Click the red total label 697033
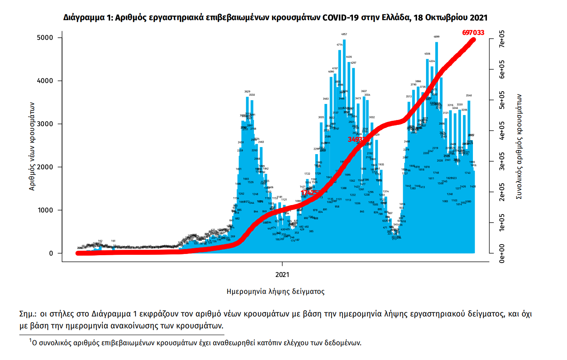pos(473,32)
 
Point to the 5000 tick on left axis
pos(45,38)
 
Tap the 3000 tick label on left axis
pos(45,124)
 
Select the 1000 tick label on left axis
pos(45,210)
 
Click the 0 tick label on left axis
pos(51,254)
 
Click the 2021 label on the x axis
pos(282,275)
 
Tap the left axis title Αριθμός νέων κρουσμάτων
pos(32,146)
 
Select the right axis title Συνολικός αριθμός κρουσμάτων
pos(519,147)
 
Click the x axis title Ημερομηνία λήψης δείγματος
pos(275,292)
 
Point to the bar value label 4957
pos(344,35)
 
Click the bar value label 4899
pos(436,37)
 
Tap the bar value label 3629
pos(247,92)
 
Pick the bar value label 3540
pos(469,95)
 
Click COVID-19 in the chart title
pos(339,18)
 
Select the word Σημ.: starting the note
pos(28,314)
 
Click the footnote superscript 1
pos(30,341)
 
